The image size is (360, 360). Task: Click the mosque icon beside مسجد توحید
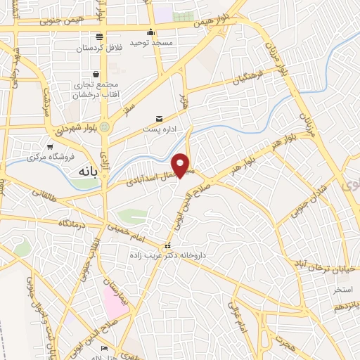tap(150, 32)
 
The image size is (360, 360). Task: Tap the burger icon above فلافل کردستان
tap(100, 36)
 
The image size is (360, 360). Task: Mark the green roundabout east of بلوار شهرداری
tap(105, 127)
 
